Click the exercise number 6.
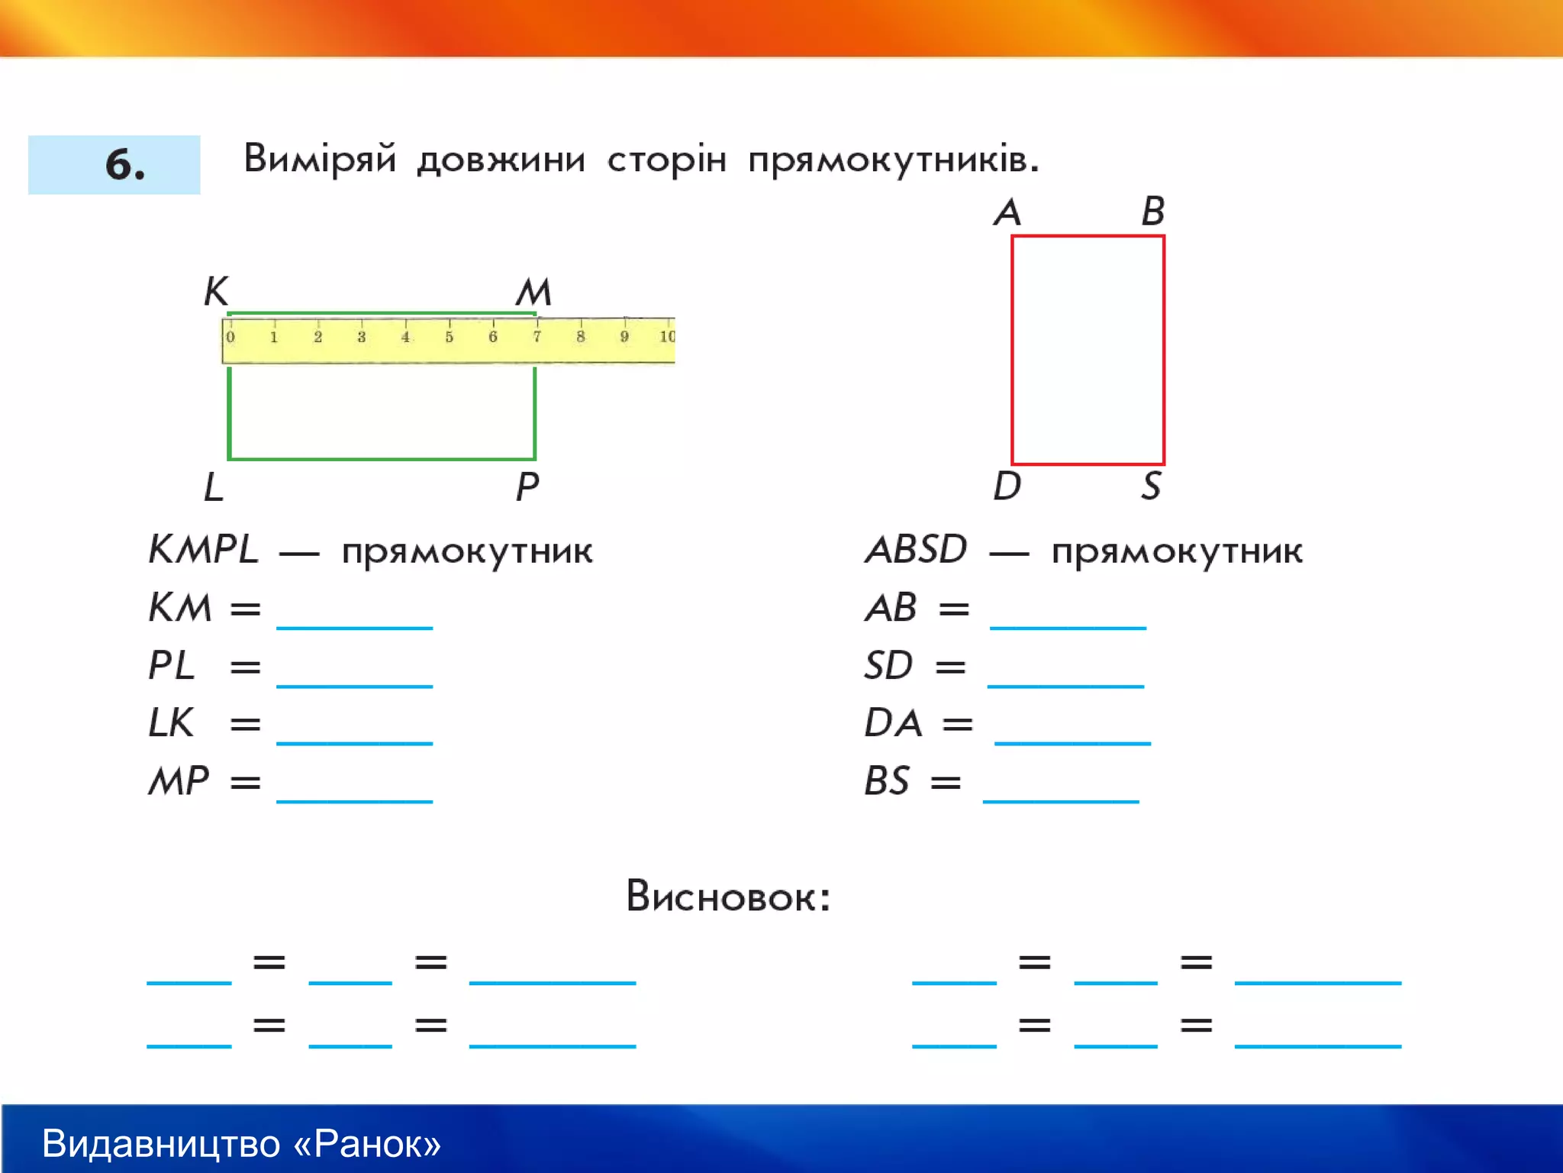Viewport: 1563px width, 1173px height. (x=124, y=164)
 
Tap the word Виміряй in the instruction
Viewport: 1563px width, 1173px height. (x=320, y=159)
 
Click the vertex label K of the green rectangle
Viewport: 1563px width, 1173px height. (x=216, y=291)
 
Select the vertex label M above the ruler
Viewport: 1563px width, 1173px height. (x=533, y=292)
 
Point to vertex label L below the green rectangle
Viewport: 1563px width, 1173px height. (x=214, y=486)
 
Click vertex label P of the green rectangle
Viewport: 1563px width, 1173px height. (x=527, y=486)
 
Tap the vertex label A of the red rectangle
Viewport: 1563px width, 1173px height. (x=1007, y=212)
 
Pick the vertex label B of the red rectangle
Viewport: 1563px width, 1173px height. (x=1153, y=211)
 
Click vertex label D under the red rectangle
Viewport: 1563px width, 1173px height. (x=1007, y=486)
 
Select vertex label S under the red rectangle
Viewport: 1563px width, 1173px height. (x=1152, y=486)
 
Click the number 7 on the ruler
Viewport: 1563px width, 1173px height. (x=537, y=337)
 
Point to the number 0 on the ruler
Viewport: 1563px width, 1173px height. (x=230, y=337)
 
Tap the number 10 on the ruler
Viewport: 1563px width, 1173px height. (x=667, y=337)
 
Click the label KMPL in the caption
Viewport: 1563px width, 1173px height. (x=204, y=549)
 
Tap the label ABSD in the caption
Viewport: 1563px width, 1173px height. (x=917, y=549)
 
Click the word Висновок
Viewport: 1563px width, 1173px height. (x=727, y=896)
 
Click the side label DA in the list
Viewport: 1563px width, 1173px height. (x=893, y=722)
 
